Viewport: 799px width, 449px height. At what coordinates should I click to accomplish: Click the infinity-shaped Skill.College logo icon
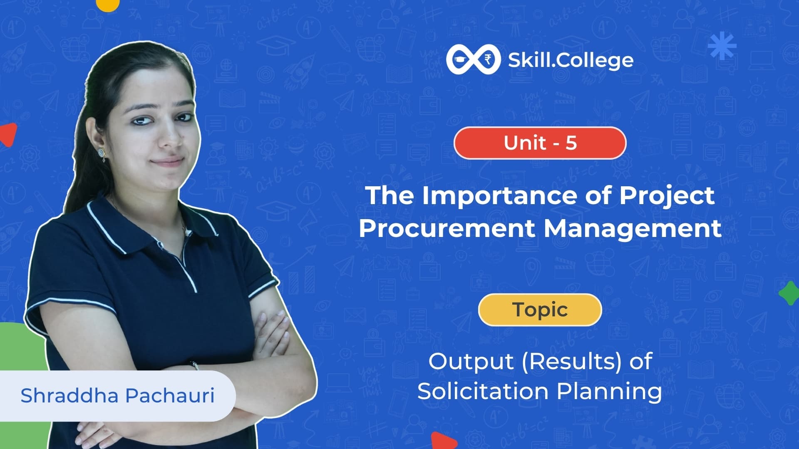[474, 60]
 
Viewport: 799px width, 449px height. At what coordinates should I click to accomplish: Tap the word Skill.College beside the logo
[571, 61]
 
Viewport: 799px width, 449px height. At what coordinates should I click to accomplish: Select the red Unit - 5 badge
[540, 143]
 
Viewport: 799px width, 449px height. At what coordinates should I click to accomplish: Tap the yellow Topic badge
[540, 310]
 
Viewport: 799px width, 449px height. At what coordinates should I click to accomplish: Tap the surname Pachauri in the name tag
[170, 395]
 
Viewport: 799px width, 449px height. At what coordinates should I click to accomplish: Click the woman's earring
[102, 154]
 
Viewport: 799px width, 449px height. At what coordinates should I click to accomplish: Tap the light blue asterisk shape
[722, 46]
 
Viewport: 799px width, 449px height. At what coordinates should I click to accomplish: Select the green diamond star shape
[789, 293]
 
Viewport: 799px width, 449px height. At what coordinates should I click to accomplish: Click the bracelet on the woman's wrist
[195, 365]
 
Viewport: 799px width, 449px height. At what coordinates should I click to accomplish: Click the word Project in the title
[667, 195]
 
